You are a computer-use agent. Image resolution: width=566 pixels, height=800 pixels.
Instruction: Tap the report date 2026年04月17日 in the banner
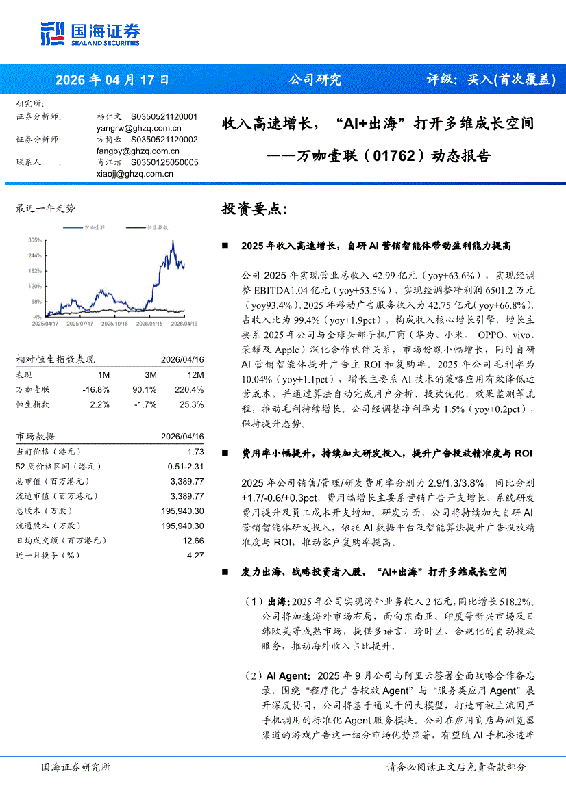tap(112, 79)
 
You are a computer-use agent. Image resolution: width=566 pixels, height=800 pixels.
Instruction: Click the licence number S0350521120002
tap(164, 140)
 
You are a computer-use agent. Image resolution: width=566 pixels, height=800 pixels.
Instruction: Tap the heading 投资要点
tap(249, 209)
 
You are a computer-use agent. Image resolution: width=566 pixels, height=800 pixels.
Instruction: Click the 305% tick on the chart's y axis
tap(35, 240)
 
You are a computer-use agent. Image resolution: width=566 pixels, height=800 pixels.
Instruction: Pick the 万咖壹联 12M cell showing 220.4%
tap(190, 389)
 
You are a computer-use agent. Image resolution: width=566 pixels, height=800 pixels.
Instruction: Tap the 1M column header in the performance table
tap(103, 375)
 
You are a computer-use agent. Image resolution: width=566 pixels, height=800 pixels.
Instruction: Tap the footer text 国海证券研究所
tap(75, 767)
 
